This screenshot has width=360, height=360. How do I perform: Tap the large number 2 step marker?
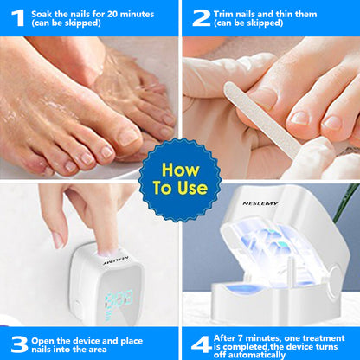[x=201, y=17]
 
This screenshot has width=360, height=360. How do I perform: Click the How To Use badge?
[x=180, y=178]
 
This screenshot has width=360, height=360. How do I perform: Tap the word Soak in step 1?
[x=43, y=13]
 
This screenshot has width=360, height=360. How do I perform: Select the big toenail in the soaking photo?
[x=128, y=136]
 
